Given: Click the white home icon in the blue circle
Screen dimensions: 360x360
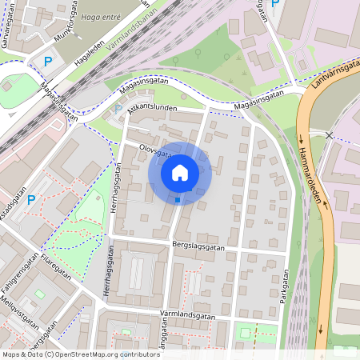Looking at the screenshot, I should [x=180, y=173].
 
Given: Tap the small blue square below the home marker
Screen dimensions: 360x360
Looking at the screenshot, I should [x=178, y=200].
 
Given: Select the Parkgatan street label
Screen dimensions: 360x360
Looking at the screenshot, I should [x=284, y=291].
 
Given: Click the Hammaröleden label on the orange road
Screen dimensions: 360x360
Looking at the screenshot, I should [x=316, y=175].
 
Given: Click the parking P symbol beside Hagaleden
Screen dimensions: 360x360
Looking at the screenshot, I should [x=47, y=61].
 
